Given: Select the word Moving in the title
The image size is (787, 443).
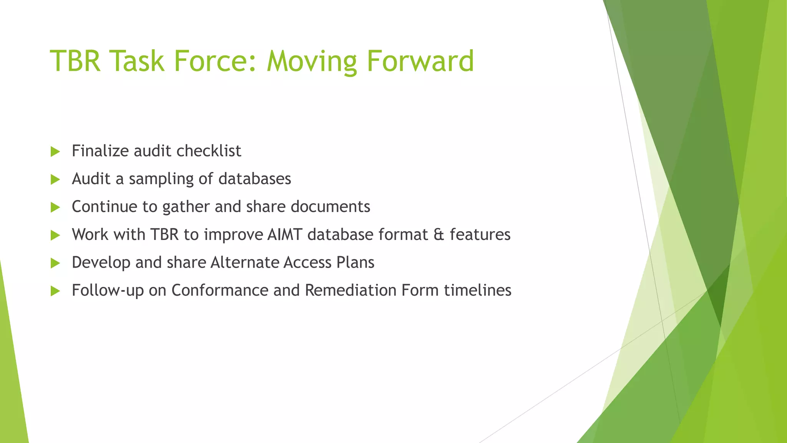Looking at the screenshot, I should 311,62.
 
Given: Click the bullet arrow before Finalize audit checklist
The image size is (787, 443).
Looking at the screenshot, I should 55,152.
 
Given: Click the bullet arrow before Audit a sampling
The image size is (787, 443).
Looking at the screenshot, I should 55,179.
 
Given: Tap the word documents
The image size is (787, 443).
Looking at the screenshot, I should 330,207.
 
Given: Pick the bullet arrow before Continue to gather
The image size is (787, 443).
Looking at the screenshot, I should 55,207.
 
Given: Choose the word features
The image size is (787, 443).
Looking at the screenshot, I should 480,235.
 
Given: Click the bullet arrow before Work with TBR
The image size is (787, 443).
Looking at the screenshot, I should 55,235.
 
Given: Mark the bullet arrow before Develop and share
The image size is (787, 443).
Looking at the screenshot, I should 55,263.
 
